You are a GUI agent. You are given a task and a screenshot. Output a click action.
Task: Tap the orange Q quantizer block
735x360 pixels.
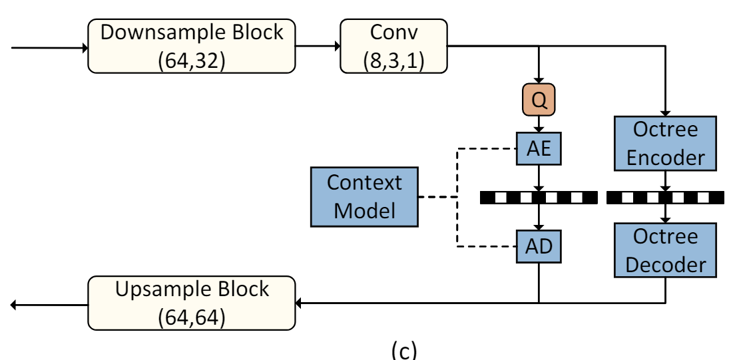click(538, 100)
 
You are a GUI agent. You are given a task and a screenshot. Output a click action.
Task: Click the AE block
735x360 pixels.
click(538, 148)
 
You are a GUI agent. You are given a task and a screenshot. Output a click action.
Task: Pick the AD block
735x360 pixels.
click(538, 246)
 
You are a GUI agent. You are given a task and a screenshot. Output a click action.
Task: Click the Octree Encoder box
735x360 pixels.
click(665, 143)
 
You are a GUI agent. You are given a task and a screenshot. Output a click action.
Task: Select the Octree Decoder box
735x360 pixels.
click(665, 250)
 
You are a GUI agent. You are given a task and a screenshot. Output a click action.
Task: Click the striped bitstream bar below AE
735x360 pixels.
click(538, 197)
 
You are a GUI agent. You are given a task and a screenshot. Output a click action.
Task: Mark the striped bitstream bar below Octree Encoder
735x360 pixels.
click(665, 197)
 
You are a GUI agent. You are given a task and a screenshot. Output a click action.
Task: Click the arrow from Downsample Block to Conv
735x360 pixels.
click(318, 46)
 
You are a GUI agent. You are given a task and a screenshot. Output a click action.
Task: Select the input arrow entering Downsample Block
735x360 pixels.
click(47, 48)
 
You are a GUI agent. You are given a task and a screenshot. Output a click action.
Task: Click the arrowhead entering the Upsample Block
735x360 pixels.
click(300, 303)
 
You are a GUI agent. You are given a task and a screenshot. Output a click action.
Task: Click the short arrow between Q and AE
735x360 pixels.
click(538, 123)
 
